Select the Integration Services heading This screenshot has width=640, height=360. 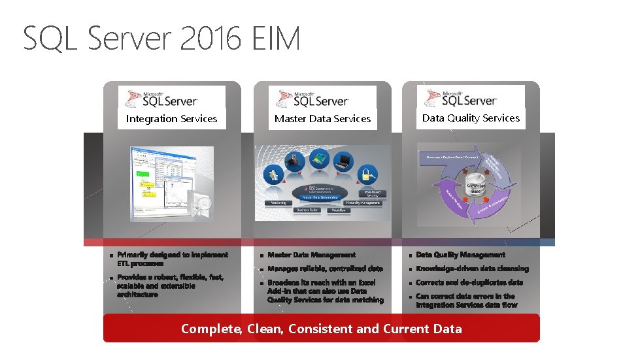[171, 119]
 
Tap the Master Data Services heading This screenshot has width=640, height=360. [322, 119]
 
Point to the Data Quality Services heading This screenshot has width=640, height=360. [471, 118]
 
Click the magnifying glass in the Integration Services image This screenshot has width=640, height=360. [202, 205]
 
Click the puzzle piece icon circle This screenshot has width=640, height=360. [273, 174]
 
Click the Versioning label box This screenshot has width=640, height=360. [278, 203]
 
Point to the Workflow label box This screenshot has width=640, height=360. [338, 210]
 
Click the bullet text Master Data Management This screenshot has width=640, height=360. [311, 255]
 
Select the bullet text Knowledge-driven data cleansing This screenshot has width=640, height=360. [472, 269]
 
